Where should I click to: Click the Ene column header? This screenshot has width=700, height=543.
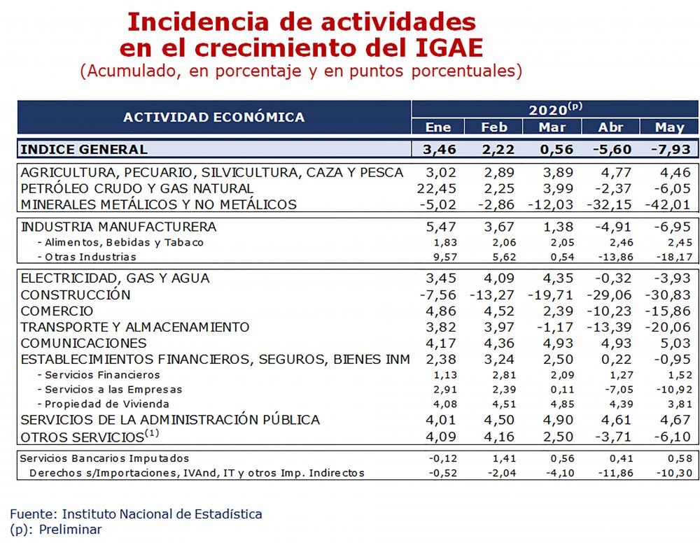click(439, 127)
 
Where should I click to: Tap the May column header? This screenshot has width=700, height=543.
click(670, 127)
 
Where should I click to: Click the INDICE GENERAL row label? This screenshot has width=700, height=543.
click(84, 149)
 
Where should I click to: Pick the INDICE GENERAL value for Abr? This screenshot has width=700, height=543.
click(612, 149)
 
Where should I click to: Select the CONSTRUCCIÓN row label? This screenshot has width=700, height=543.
click(76, 295)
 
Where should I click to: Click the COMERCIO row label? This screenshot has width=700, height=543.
click(57, 311)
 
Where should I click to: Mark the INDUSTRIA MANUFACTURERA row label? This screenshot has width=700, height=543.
click(119, 227)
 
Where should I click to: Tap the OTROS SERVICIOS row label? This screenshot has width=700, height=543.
click(83, 437)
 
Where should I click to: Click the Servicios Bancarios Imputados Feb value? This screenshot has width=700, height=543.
click(503, 458)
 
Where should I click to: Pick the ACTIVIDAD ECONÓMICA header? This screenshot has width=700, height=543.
click(214, 118)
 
